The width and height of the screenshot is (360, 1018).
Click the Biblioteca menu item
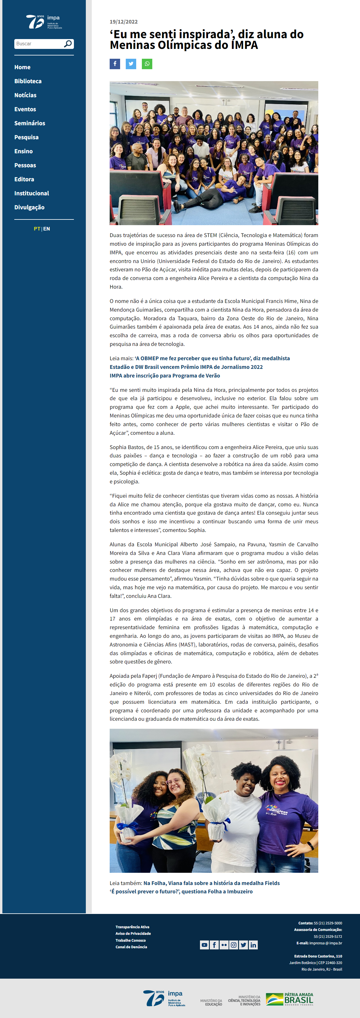pyautogui.click(x=28, y=81)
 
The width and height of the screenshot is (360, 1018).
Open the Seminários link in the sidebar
pyautogui.click(x=30, y=123)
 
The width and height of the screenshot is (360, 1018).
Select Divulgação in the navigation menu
pyautogui.click(x=29, y=208)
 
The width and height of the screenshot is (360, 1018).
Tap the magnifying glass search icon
pyautogui.click(x=68, y=44)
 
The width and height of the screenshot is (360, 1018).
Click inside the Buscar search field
pyautogui.click(x=39, y=44)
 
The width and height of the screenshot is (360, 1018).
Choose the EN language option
pyautogui.click(x=46, y=229)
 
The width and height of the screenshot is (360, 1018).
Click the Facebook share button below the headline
pyautogui.click(x=115, y=64)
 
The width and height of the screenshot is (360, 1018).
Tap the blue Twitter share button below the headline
pyautogui.click(x=131, y=64)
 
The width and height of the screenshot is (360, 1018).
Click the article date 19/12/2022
pyautogui.click(x=124, y=22)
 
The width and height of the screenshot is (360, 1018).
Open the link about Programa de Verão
pyautogui.click(x=165, y=375)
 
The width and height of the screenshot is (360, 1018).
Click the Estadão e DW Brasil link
pyautogui.click(x=186, y=367)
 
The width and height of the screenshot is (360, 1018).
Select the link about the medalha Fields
pyautogui.click(x=211, y=883)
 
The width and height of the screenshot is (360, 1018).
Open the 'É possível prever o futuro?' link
pyautogui.click(x=181, y=891)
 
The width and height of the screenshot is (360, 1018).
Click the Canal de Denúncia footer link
pyautogui.click(x=131, y=946)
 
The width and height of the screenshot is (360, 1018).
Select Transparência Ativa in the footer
pyautogui.click(x=132, y=927)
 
